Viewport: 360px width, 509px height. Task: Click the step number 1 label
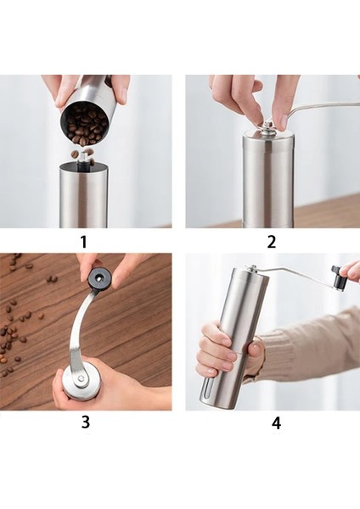tap(84, 242)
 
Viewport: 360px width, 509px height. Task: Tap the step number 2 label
tap(272, 242)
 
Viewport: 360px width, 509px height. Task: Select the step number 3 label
tap(85, 422)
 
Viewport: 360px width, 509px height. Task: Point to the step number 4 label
tap(276, 423)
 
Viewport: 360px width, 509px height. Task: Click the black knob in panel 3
tap(99, 277)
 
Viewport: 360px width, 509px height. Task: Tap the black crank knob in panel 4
tap(338, 277)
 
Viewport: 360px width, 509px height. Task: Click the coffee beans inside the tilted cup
tap(85, 125)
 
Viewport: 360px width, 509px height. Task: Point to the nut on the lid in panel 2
tap(268, 127)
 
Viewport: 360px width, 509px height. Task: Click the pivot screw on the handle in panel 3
tap(81, 378)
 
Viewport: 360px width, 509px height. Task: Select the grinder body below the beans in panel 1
tap(83, 195)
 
